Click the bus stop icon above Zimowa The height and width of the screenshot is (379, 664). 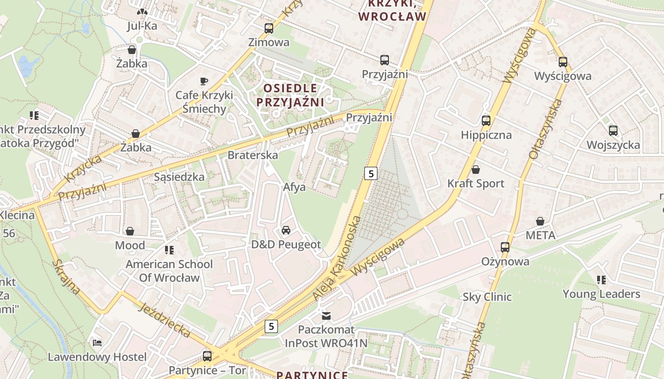point(269,28)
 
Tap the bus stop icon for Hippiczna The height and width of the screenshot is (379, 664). point(486,120)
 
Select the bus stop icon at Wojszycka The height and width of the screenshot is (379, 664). point(613,130)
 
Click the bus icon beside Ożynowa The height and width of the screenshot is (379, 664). point(505,247)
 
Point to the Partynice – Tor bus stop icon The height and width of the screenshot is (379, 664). point(207,356)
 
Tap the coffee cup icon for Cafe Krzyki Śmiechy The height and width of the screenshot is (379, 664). point(204,81)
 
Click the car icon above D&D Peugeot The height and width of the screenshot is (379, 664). point(286,230)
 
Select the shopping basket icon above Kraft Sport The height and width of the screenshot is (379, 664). point(476,169)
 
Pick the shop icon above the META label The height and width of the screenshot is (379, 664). point(540,221)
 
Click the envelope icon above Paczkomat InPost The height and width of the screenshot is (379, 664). point(326,315)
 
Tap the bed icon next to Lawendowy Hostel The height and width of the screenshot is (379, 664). point(97,343)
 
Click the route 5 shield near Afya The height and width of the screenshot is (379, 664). point(370,173)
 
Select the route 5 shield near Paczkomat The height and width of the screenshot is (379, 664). point(271,326)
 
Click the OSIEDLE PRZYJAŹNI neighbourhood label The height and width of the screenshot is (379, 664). point(290,95)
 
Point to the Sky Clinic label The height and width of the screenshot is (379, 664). point(487,297)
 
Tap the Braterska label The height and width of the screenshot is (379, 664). point(253,155)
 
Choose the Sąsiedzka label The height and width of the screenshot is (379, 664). point(179,177)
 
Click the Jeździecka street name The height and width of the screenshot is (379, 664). point(165,321)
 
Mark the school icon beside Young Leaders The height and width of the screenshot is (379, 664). point(601,280)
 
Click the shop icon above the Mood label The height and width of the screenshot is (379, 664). point(130,231)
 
